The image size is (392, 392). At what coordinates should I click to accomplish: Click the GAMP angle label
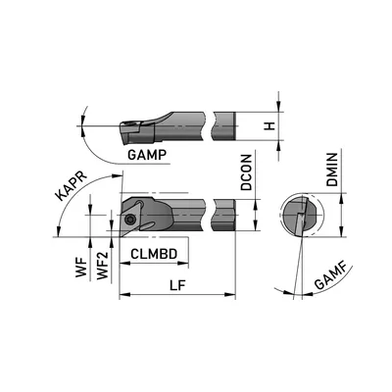[x=147, y=155]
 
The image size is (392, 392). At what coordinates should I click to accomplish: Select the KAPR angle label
[x=71, y=185]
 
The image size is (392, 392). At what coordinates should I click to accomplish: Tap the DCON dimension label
[x=247, y=172]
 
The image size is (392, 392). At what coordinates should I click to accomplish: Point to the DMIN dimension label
[x=332, y=170]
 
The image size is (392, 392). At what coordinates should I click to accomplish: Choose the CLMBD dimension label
[x=154, y=254]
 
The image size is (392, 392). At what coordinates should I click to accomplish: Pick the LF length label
[x=177, y=285]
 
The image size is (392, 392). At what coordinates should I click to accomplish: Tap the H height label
[x=269, y=125]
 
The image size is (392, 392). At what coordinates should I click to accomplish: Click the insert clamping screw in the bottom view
[x=130, y=220]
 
